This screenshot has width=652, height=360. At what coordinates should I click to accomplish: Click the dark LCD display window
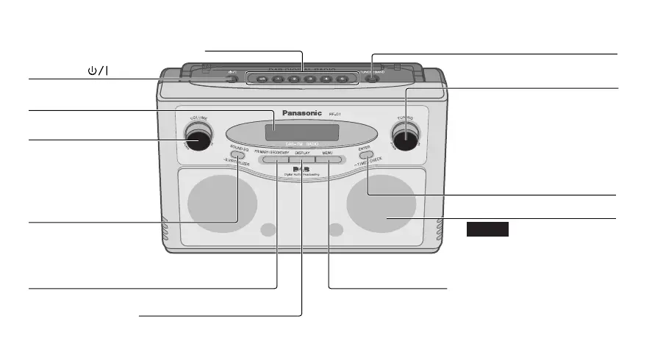[302, 133]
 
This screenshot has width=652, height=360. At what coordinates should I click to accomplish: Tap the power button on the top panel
[232, 79]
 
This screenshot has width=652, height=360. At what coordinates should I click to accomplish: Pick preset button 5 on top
[326, 79]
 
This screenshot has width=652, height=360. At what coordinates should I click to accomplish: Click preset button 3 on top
[294, 79]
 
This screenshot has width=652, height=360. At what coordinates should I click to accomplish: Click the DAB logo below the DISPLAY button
[299, 171]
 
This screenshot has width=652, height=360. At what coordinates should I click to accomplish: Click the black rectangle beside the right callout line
[487, 230]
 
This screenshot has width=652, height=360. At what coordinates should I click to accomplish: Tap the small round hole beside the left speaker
[269, 230]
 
